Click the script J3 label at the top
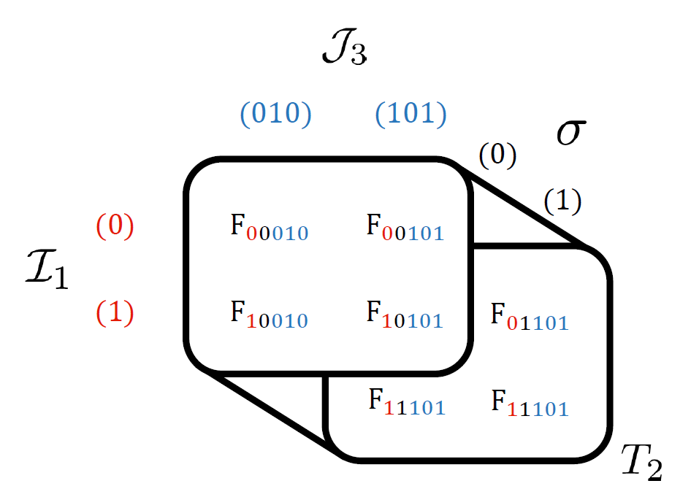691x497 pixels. (x=343, y=50)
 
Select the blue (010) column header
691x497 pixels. (x=275, y=115)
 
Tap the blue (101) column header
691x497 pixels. (x=411, y=115)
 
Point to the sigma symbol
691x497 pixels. (x=570, y=134)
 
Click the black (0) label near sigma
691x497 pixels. (x=497, y=155)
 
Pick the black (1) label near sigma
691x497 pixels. (x=562, y=202)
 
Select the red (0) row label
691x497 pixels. (x=115, y=227)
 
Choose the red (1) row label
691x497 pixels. (x=115, y=313)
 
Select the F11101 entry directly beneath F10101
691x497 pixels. (x=406, y=404)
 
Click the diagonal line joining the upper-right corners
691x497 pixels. (x=526, y=208)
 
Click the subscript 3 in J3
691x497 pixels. (x=357, y=56)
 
